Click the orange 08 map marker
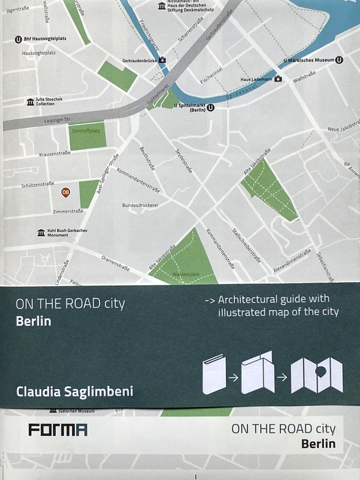[x=66, y=193]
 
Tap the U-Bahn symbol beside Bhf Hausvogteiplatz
[x=18, y=39]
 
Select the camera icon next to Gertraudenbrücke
[x=162, y=60]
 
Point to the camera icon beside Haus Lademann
[x=278, y=79]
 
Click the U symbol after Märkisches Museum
[x=339, y=60]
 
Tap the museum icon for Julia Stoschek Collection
[x=30, y=102]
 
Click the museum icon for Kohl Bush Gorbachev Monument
[x=41, y=233]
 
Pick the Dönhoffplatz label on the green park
[x=86, y=131]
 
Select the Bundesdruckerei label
[x=140, y=205]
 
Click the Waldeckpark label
[x=186, y=274]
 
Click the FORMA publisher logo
[x=58, y=430]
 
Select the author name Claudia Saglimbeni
[x=75, y=391]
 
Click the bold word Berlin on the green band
[x=33, y=321]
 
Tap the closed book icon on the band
[x=214, y=375]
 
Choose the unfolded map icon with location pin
[x=317, y=375]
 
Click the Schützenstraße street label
[x=38, y=185]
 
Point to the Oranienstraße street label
[x=115, y=263]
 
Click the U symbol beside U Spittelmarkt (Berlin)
[x=211, y=107]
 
